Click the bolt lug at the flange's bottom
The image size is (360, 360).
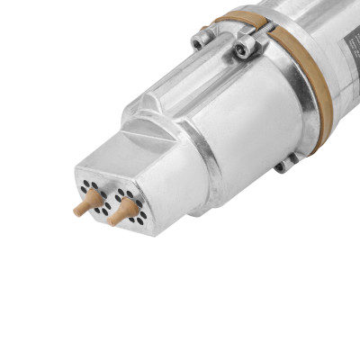[286, 162]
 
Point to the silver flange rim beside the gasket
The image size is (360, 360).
[292, 108]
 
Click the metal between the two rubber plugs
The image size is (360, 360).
[104, 203]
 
